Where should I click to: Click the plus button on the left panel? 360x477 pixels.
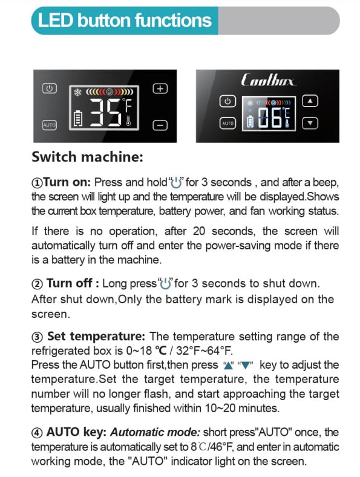point(160,88)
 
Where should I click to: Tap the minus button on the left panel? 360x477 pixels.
point(160,125)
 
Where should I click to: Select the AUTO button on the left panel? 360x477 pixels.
point(49,125)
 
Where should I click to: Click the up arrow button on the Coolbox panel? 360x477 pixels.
point(310,101)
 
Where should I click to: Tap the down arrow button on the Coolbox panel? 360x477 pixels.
point(310,123)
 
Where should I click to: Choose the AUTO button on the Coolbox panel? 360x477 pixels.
point(227,123)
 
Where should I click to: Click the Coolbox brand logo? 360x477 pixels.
point(268,81)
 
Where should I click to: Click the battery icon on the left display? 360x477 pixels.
point(78,119)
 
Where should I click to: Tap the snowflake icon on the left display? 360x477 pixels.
point(77,92)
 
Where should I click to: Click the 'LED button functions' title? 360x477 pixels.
point(125,21)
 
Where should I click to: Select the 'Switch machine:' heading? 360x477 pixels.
point(87,157)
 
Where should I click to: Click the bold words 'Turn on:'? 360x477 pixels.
point(67,182)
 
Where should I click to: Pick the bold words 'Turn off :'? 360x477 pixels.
point(73,283)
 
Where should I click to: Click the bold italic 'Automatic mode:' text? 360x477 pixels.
point(155,432)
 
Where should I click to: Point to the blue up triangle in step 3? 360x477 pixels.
point(227,366)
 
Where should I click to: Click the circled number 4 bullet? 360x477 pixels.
point(37,433)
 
